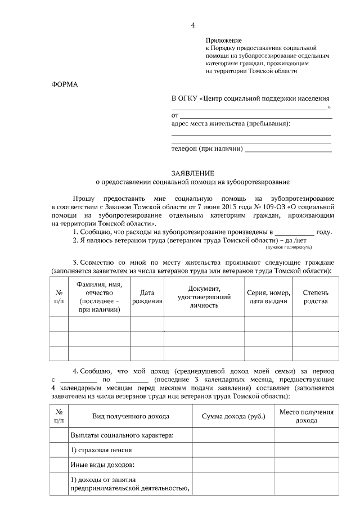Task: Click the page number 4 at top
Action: coord(192,25)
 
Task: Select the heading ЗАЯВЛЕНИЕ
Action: coord(192,174)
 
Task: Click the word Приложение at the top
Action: coord(223,40)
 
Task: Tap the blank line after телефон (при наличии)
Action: coord(288,150)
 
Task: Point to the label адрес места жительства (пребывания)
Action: coord(234,123)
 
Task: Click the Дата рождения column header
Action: coord(147,296)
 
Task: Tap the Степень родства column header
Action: coord(316,296)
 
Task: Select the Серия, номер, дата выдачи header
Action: coord(268,296)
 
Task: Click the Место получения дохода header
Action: coord(307,416)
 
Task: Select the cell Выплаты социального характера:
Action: coord(121,435)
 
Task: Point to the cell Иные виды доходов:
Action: coord(103,465)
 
